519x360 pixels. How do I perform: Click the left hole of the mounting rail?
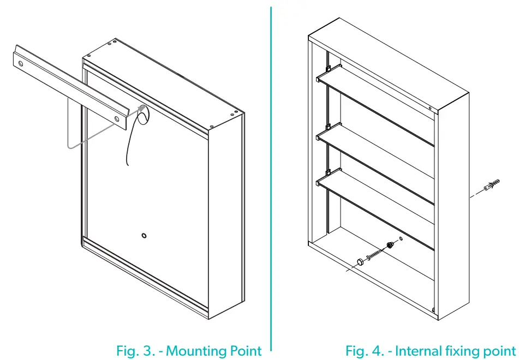pyautogui.click(x=21, y=64)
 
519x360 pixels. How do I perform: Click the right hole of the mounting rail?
pyautogui.click(x=116, y=118)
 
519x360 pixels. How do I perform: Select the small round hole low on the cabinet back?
pyautogui.click(x=144, y=236)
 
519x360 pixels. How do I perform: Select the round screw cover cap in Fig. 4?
pyautogui.click(x=360, y=262)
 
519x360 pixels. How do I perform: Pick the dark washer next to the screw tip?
pyautogui.click(x=390, y=244)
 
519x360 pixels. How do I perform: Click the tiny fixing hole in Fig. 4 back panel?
pyautogui.click(x=401, y=238)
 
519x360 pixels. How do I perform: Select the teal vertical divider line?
pyautogui.click(x=271, y=175)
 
